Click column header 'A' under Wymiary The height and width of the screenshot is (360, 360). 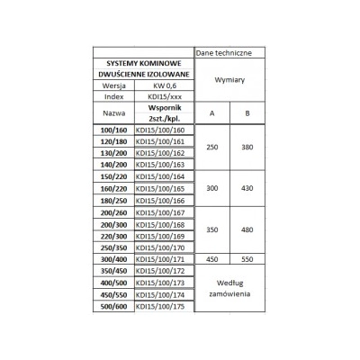(211, 116)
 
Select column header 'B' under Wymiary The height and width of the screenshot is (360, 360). (247, 116)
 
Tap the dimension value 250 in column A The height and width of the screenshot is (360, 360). (211, 148)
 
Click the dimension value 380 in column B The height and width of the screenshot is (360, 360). (247, 148)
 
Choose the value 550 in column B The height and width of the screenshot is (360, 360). (247, 259)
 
